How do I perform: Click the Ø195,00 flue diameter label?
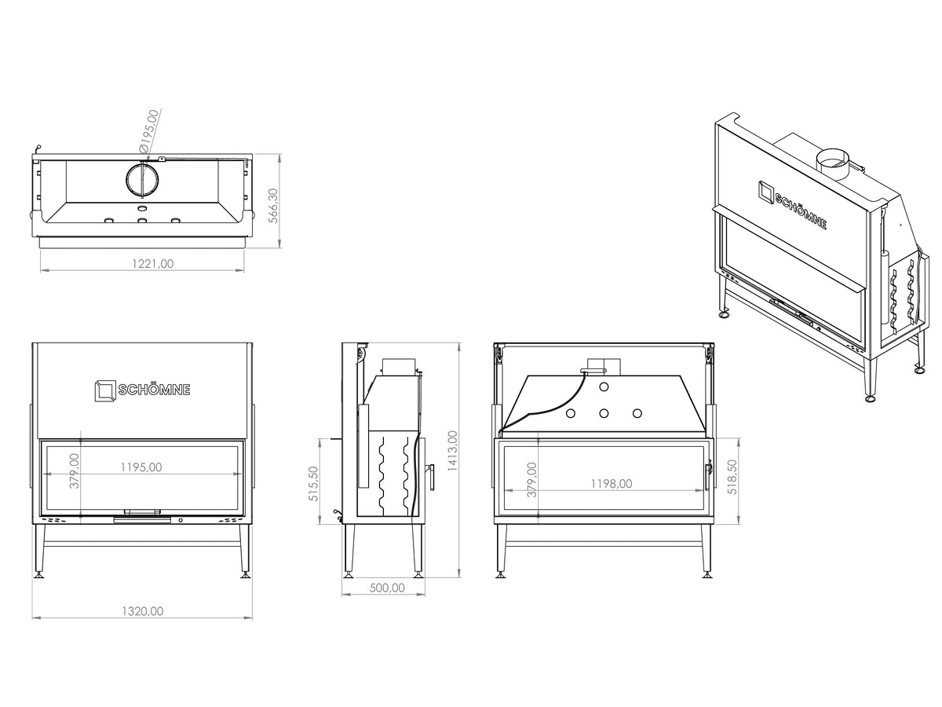tap(149, 130)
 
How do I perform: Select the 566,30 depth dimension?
tap(273, 206)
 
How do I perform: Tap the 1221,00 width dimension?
tap(153, 264)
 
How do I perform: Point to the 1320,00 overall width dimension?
tap(143, 611)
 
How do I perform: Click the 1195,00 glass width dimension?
tap(141, 467)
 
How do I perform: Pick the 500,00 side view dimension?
tap(387, 588)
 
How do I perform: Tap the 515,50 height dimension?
tap(313, 484)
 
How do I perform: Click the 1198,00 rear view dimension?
tap(612, 484)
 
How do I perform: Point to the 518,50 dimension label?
tap(732, 477)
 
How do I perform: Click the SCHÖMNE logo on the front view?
tap(143, 390)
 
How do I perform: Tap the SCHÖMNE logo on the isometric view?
tap(792, 205)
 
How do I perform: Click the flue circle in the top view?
tap(143, 179)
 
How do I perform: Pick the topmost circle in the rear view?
tap(604, 386)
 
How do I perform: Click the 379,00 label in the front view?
tap(75, 471)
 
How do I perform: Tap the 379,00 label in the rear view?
tap(531, 479)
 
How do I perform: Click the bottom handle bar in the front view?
tap(142, 520)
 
